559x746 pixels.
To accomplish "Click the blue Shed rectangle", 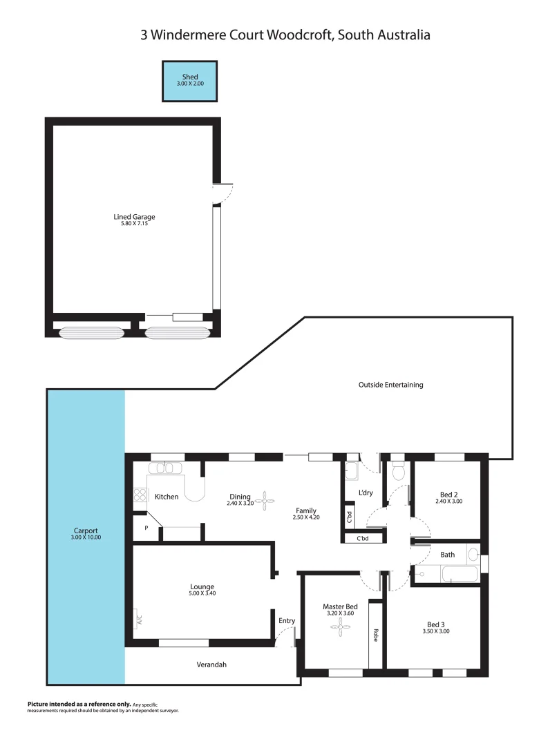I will (189, 81).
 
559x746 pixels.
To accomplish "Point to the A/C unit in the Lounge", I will (139, 619).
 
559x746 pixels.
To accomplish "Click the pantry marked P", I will (146, 528).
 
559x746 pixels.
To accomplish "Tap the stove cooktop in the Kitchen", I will (140, 495).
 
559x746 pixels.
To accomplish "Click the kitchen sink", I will (166, 468).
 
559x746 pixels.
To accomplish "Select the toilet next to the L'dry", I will (398, 472).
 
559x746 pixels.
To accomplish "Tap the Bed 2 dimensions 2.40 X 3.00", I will (449, 501).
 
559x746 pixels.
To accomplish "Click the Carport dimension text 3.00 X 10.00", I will (86, 537).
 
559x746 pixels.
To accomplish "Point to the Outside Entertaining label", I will (390, 385).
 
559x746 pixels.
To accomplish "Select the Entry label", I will (287, 620).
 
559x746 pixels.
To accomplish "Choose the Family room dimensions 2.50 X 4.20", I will (306, 517).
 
